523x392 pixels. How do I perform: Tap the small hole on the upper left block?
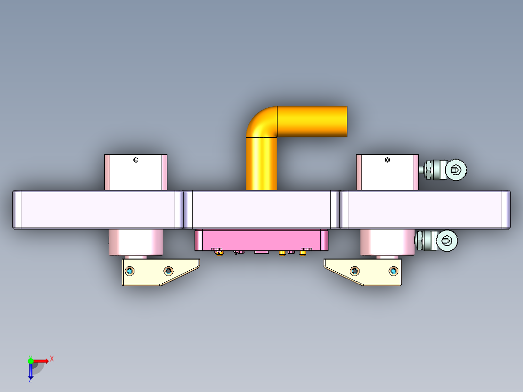coord(136,160)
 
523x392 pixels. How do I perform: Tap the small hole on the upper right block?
coord(387,160)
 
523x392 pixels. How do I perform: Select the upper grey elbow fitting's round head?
coord(457,169)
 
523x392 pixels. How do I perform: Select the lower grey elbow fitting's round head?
coord(447,240)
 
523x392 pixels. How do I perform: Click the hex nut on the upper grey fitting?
coord(428,170)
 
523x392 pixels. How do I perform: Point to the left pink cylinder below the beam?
coord(137,242)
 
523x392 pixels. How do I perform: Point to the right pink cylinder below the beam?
coord(387,242)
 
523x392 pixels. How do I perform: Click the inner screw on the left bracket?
coord(168,270)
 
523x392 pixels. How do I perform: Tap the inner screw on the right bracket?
coord(355,270)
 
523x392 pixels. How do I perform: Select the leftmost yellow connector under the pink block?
coord(218,251)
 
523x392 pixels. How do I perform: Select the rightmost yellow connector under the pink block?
coord(304,251)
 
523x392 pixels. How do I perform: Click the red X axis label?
coord(52,359)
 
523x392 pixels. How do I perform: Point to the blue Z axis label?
coord(30,380)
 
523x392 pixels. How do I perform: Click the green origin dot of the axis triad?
coord(31,361)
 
